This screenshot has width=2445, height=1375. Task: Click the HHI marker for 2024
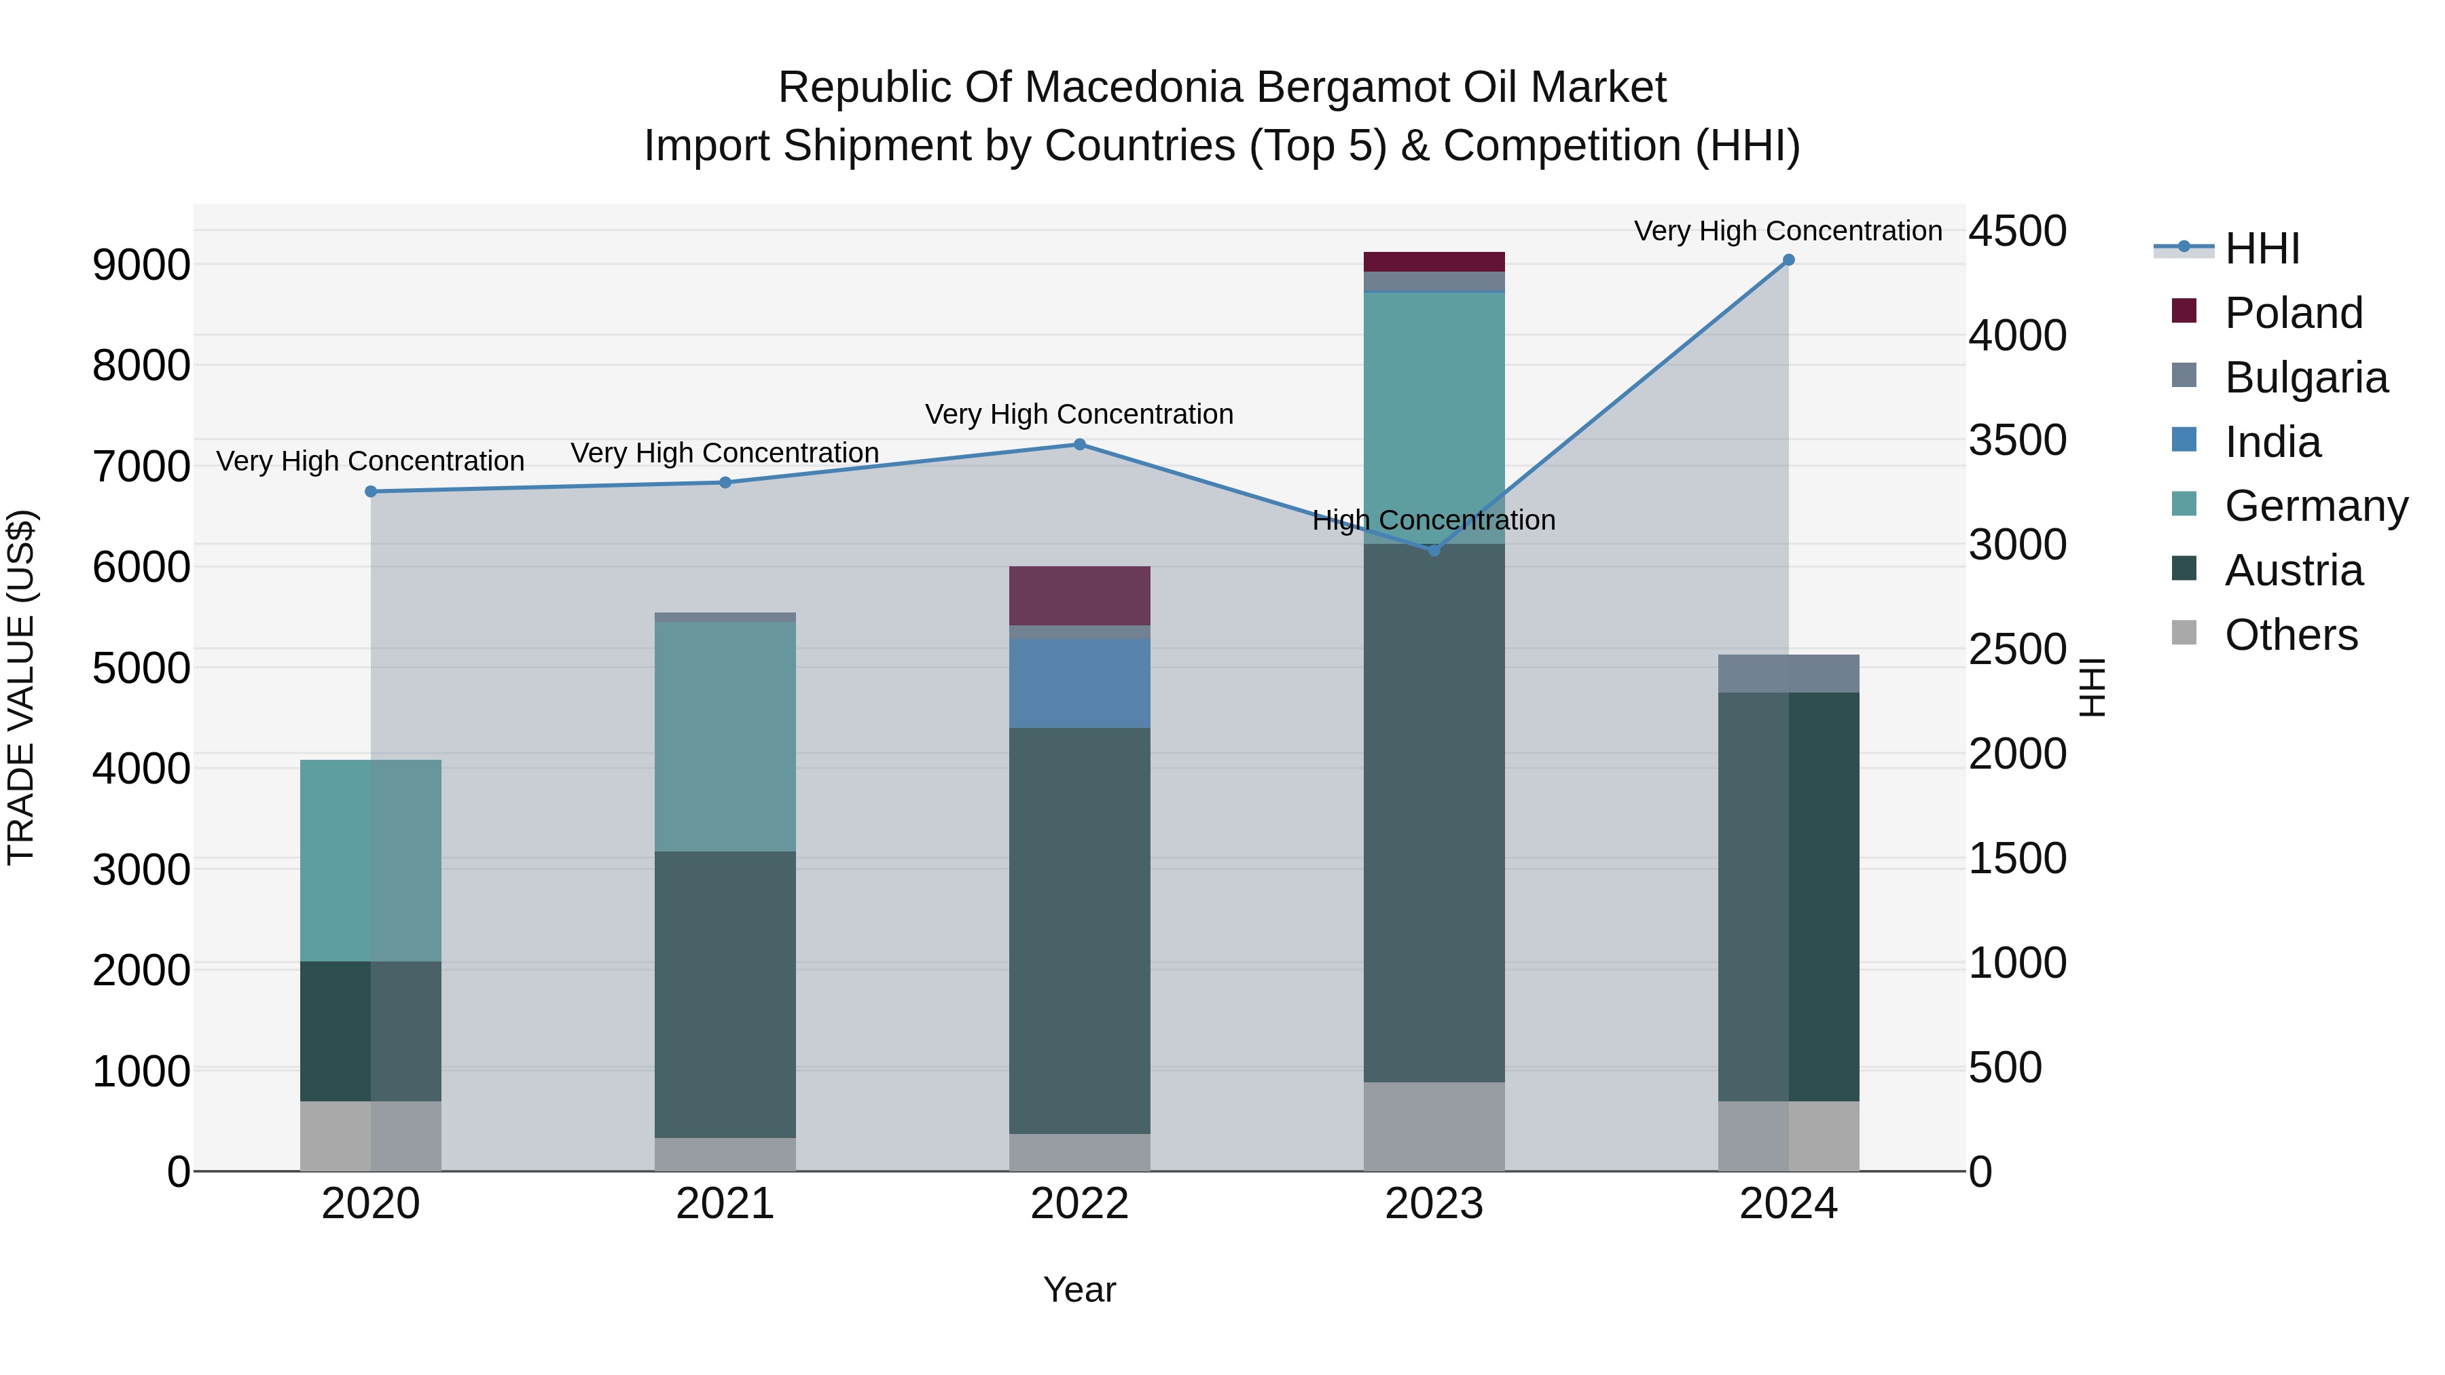coord(1788,260)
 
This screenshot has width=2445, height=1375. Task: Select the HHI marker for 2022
coord(1079,444)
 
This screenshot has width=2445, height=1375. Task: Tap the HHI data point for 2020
coord(371,492)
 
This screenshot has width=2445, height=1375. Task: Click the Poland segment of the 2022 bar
coord(1079,596)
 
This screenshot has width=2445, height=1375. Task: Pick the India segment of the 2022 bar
coord(1079,683)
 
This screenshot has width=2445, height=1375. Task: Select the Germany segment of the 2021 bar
coord(725,736)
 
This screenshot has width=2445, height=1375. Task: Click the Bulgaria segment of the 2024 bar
coord(1788,674)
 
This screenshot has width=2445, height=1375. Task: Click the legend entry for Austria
coord(2292,570)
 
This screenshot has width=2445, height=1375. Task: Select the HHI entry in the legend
coord(2261,249)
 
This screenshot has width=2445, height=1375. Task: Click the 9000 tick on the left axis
coord(141,265)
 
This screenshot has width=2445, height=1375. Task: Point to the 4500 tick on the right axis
coord(2017,231)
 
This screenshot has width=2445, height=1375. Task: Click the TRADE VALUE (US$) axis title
coord(21,687)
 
